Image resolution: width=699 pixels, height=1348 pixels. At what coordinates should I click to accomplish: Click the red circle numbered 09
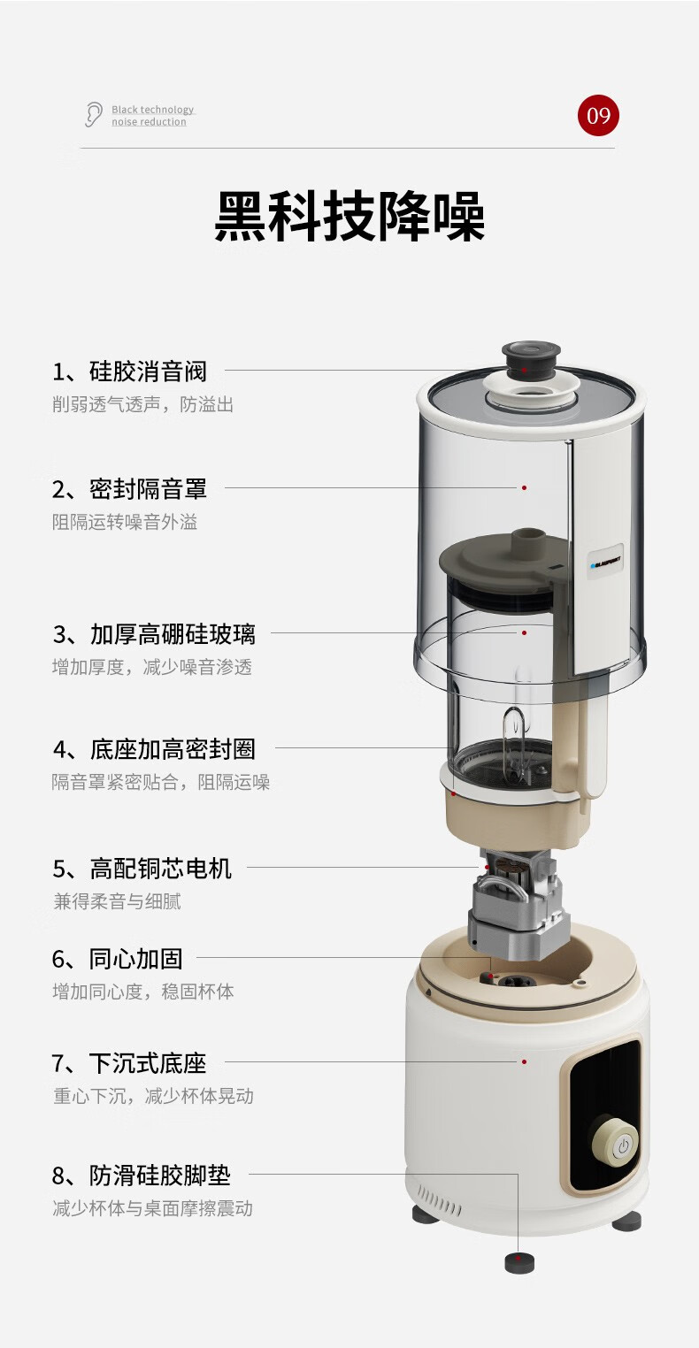click(598, 115)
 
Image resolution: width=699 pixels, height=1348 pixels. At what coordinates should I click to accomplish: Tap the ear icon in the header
click(93, 114)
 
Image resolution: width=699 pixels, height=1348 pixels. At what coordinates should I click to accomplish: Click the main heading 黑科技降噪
click(349, 217)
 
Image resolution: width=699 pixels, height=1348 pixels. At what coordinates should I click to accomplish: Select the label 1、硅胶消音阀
click(129, 371)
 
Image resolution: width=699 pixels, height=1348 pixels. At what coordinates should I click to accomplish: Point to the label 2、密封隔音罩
click(129, 488)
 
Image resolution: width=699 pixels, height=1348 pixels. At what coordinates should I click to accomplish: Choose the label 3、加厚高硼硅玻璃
click(154, 634)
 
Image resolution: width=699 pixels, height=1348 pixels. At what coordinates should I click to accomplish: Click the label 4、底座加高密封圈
click(154, 749)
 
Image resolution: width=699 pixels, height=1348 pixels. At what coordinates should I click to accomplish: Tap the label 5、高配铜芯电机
click(142, 869)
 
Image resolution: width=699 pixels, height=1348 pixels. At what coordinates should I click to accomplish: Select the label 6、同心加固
click(118, 959)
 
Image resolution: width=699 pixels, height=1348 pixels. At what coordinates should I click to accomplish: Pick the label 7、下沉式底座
click(129, 1063)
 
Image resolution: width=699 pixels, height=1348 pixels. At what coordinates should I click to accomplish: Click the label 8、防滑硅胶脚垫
click(142, 1176)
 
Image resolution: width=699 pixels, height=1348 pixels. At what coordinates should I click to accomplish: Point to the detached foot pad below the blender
click(519, 1262)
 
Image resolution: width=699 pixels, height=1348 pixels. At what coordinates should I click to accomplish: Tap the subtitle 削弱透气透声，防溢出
click(142, 404)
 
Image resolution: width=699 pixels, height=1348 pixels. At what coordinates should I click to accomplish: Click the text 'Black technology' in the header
click(153, 110)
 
